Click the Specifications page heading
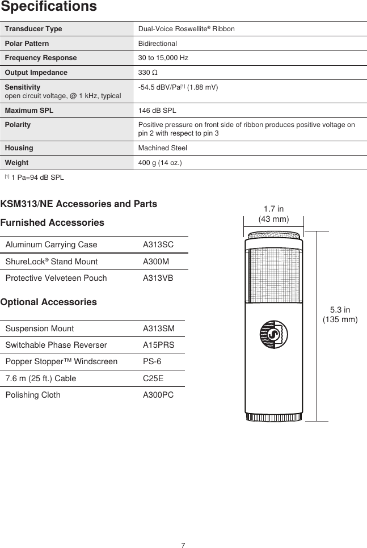[x=48, y=7]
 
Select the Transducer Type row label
[x=33, y=29]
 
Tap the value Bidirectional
[x=158, y=44]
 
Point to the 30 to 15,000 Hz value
[x=163, y=58]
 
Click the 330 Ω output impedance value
[x=148, y=73]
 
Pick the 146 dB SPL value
[x=157, y=110]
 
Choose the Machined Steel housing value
[x=163, y=148]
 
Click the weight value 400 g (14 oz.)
[x=161, y=163]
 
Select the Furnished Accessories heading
[x=52, y=223]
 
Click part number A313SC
[x=158, y=245]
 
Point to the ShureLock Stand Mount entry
[x=51, y=262]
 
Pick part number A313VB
[x=158, y=278]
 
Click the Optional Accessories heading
[x=49, y=302]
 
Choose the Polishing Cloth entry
[x=33, y=395]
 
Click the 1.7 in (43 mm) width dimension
[x=274, y=214]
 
